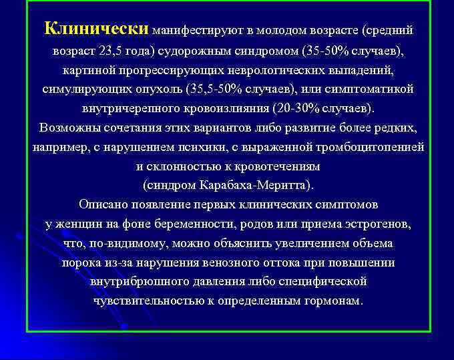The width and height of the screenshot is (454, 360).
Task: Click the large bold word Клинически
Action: click(96, 29)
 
